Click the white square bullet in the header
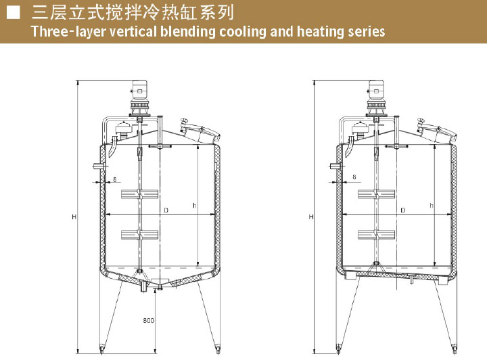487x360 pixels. [12, 12]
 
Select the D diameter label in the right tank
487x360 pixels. [403, 211]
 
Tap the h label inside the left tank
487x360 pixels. [194, 205]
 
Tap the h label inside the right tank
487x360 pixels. [432, 205]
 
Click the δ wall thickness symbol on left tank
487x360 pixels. [115, 179]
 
